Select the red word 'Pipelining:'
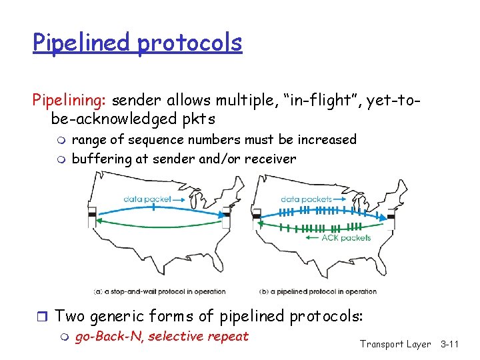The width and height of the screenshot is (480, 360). click(x=70, y=101)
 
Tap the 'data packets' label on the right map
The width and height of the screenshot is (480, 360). click(x=306, y=199)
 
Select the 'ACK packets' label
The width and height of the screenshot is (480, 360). click(x=346, y=237)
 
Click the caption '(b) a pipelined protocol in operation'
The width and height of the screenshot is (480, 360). click(x=317, y=291)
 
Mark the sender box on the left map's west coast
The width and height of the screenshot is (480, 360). click(x=91, y=216)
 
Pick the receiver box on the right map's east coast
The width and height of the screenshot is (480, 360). click(x=391, y=216)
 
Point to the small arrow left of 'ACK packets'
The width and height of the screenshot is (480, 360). click(x=311, y=237)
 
